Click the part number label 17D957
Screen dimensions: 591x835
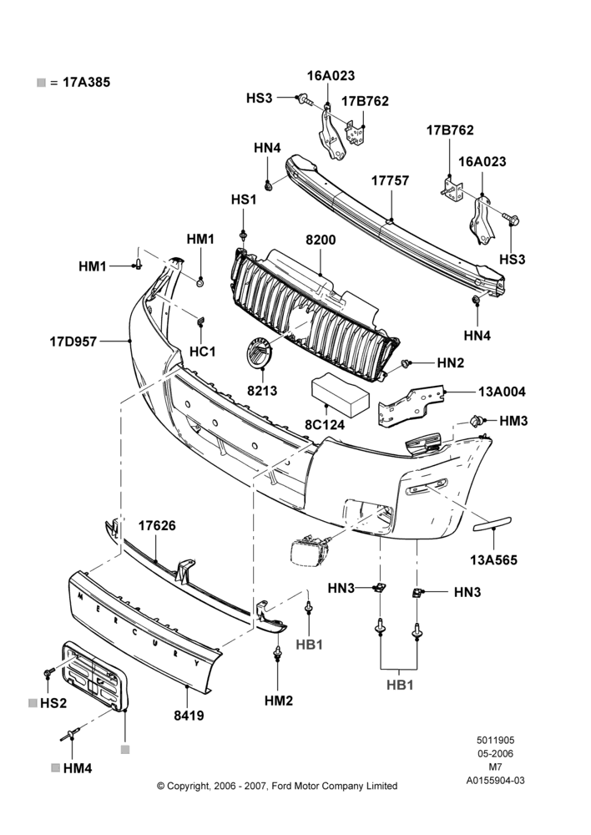pos(73,341)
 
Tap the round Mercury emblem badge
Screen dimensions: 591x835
pos(259,353)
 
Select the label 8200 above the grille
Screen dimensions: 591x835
pos(321,240)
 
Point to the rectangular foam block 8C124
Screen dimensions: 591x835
pos(339,395)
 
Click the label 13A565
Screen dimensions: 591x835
pos(493,559)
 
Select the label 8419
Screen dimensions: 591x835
pos(189,716)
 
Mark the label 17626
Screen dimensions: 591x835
pos(157,525)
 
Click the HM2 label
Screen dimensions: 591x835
pos(279,701)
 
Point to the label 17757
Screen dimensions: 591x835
pos(391,181)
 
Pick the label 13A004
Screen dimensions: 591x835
pos(502,392)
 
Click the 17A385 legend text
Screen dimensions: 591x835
pos(86,83)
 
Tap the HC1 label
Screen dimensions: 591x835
pos(203,352)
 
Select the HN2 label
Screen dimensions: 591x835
pos(451,363)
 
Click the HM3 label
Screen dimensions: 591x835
pos(513,421)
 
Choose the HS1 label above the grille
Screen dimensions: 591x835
pos(244,200)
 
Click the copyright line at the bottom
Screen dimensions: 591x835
pos(277,786)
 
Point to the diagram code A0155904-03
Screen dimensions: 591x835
pos(495,781)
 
